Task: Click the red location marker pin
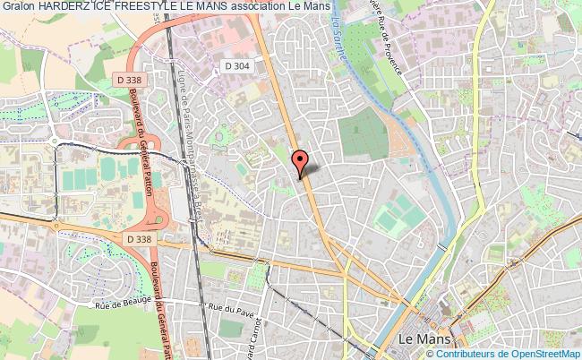pos(300,160)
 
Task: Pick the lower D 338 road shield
pos(139,239)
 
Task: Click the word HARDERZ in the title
pos(70,7)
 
